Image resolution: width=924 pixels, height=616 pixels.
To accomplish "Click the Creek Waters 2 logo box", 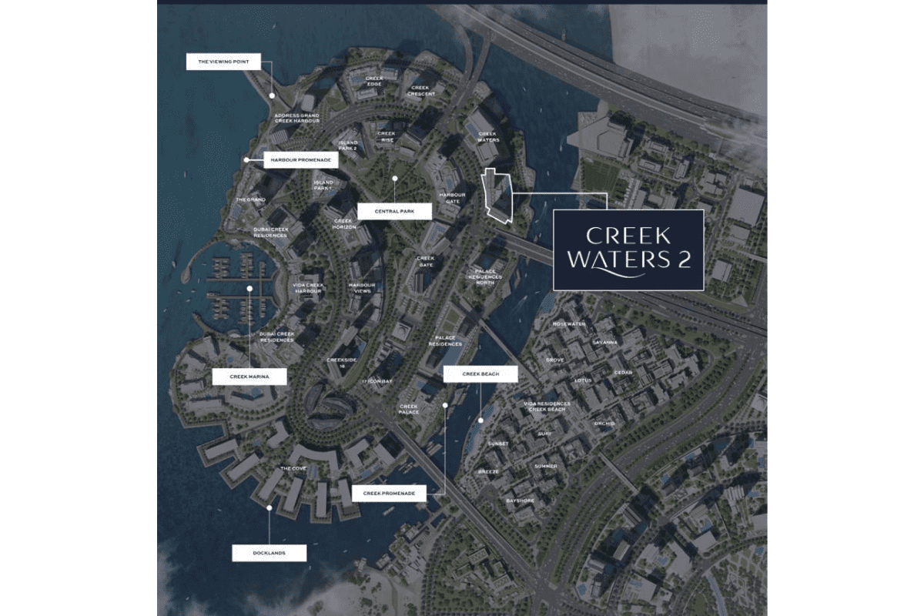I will (628, 249).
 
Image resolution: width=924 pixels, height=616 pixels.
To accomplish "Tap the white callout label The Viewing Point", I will (223, 62).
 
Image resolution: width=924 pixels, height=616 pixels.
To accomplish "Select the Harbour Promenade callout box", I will (301, 160).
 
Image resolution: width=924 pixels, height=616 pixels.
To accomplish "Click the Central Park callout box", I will (394, 211).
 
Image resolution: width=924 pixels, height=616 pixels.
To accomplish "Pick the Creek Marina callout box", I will (249, 377).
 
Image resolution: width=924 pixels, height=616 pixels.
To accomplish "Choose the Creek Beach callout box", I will (480, 374).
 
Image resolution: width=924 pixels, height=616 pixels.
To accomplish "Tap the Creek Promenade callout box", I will (389, 494).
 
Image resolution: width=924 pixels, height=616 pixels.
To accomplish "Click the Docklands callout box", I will (269, 553).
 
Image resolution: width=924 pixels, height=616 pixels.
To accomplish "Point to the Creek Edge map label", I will (374, 81).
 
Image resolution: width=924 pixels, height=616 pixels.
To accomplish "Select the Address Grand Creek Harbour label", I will (297, 119).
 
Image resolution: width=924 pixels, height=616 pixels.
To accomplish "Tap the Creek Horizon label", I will (343, 223).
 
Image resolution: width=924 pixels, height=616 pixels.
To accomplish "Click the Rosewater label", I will (569, 324).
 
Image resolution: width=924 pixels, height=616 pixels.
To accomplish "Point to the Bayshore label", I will (520, 500).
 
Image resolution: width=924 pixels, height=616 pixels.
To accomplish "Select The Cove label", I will (293, 468).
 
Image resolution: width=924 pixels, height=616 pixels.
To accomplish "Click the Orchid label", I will (604, 423).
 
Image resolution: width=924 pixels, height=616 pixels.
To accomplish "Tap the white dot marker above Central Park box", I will (394, 179).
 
